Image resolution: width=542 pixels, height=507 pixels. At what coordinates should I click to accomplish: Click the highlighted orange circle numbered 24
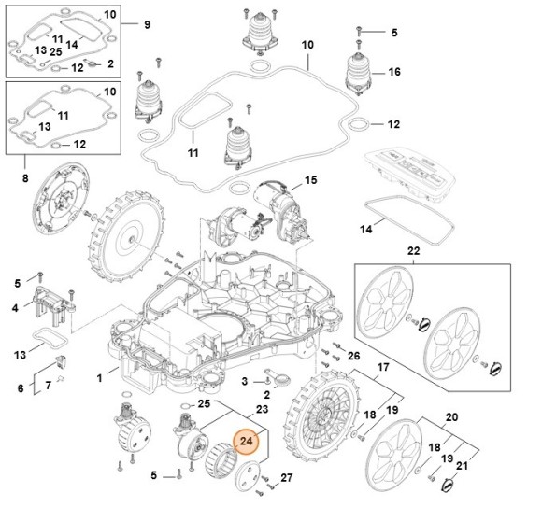click(x=248, y=441)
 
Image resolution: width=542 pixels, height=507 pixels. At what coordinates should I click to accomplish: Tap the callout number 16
click(x=394, y=72)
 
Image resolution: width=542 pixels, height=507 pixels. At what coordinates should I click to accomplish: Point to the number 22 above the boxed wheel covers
click(x=413, y=251)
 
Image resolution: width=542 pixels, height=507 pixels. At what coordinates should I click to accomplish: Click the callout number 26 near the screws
click(x=352, y=356)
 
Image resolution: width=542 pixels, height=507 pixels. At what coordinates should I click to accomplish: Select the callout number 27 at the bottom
click(x=286, y=478)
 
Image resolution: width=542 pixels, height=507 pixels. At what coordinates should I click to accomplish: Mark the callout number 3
click(x=243, y=382)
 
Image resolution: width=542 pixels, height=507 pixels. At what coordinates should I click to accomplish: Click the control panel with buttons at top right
click(x=412, y=170)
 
